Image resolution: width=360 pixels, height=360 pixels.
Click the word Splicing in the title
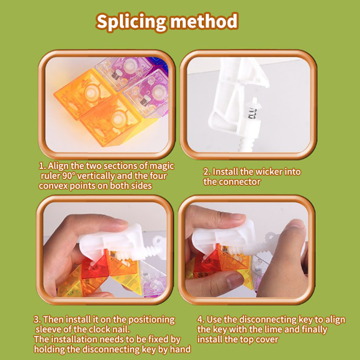click(x=131, y=22)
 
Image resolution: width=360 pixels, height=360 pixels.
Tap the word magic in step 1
click(x=162, y=166)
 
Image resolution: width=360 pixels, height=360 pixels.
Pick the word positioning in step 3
click(x=151, y=320)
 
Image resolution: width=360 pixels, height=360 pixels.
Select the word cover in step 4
click(x=268, y=340)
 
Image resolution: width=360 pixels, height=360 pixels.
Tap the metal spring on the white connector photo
click(x=252, y=113)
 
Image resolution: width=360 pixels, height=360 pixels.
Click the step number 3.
click(x=36, y=319)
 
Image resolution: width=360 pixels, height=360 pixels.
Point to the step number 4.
click(x=200, y=319)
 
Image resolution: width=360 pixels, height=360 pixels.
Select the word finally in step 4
click(x=315, y=330)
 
